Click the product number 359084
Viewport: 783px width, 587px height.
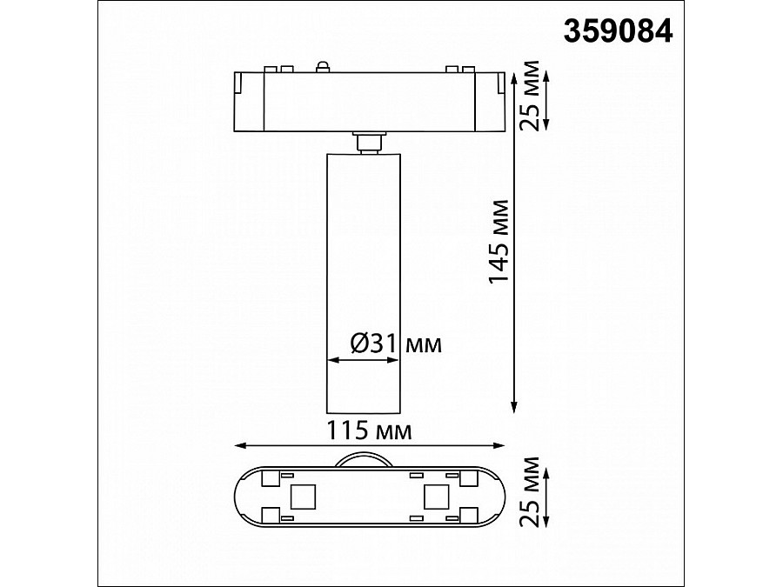tap(619, 30)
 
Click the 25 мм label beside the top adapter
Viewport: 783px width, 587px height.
tap(527, 96)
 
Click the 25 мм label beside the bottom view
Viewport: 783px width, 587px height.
tap(529, 492)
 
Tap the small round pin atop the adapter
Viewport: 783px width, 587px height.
tap(322, 65)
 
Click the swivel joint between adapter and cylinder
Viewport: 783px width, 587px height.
tap(368, 142)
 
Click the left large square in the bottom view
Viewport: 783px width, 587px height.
tap(303, 497)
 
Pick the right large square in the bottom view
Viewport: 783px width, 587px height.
tap(435, 497)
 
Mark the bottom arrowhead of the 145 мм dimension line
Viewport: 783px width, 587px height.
tap(514, 407)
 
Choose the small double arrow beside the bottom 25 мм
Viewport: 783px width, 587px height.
tap(545, 493)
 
